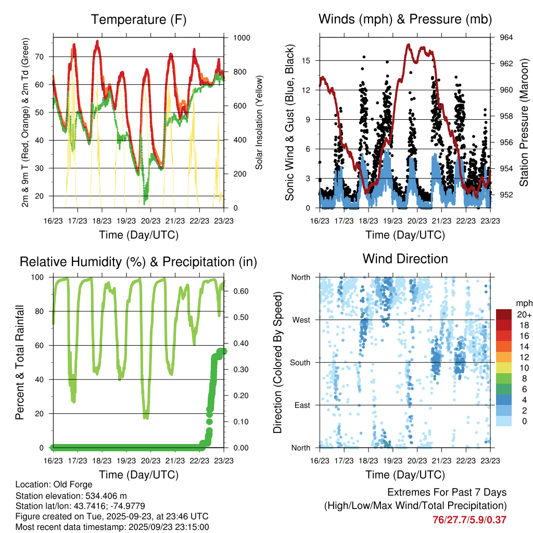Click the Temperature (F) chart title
point(138,20)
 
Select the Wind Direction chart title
point(405,259)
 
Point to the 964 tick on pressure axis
point(506,38)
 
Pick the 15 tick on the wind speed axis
point(307,60)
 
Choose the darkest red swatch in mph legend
point(503,314)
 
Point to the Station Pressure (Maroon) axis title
point(524,122)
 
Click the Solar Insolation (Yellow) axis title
point(259,122)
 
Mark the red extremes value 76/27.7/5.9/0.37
point(469,519)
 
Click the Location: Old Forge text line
point(54,485)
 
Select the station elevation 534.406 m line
point(75,496)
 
